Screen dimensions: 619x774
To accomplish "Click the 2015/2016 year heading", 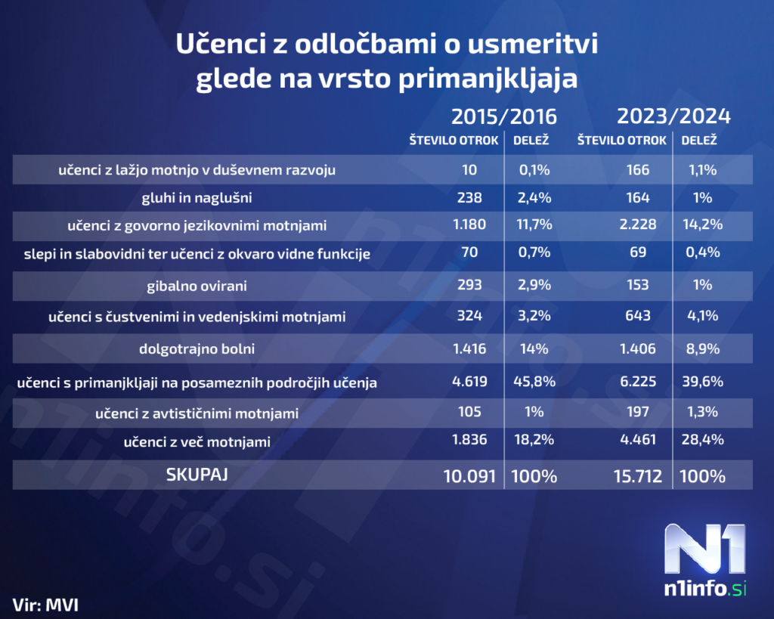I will pos(503,116).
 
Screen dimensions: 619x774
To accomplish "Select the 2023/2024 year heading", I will pos(673,116).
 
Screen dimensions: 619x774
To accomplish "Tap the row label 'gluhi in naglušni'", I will pos(197,198).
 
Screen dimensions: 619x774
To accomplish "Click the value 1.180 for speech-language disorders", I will pos(469,225).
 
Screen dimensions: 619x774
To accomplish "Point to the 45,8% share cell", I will pos(534,382).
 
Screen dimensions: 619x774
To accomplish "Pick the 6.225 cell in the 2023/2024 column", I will pos(638,382).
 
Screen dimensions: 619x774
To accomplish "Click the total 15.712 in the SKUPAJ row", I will pos(638,476).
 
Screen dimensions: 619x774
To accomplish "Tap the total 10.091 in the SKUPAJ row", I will pos(469,476).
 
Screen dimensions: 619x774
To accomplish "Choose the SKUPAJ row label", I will pos(197,475).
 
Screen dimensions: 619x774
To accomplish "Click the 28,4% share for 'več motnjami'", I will pos(703,440).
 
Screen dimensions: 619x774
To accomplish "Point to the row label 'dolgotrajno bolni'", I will pos(197,350).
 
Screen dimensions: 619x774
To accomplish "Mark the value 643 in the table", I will pos(638,317).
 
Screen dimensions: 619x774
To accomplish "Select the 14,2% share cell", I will pos(703,225).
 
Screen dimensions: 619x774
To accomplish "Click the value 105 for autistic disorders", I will pos(469,413).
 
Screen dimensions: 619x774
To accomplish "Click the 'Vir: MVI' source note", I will pos(46,604).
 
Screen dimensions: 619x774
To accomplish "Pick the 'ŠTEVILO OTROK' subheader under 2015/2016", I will pos(454,141).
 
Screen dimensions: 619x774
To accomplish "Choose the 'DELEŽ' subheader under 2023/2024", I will pos(699,141).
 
